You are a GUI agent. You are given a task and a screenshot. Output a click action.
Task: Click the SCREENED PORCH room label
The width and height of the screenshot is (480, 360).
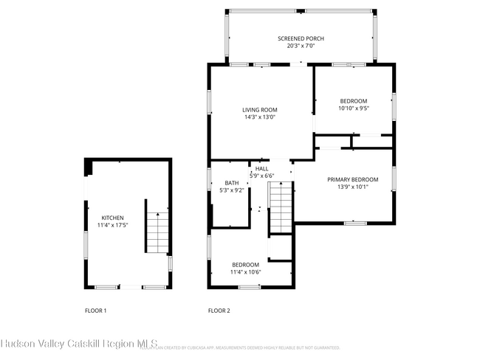coord(301,38)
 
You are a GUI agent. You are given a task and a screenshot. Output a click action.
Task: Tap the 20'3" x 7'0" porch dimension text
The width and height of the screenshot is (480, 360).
coord(301,46)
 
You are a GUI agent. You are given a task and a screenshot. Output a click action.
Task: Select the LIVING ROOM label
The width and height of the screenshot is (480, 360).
coord(260,110)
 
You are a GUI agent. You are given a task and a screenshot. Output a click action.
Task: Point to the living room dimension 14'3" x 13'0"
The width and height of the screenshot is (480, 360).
coord(260,117)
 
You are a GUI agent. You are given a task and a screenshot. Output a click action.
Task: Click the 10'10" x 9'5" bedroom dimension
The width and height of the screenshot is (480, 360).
coord(353,108)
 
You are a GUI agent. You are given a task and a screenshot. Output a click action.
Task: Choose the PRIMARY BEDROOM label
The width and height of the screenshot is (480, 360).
coord(353,179)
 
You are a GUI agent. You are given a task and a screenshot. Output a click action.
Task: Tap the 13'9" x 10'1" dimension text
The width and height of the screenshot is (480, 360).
coord(353,187)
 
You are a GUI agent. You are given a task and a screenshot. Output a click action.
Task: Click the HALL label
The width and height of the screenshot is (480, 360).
coord(262,169)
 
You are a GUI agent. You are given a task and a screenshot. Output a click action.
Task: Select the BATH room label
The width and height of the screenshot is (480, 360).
coord(232,183)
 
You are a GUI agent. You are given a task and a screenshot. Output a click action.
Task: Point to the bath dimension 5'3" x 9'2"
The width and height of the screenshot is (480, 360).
coord(232,190)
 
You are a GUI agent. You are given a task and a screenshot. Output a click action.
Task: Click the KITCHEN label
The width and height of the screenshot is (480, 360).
coord(112,218)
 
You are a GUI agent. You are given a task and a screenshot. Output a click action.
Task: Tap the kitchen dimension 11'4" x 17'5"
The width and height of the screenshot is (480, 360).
coord(112,225)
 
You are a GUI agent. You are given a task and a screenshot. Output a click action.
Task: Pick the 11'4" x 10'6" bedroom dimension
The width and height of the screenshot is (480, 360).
coord(245,271)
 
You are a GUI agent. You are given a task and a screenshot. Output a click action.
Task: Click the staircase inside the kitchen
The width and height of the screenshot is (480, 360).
coord(157,231)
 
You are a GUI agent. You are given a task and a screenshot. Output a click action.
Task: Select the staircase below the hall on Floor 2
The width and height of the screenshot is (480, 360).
coord(281,208)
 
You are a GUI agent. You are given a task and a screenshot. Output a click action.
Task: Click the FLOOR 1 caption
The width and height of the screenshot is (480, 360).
coord(95,311)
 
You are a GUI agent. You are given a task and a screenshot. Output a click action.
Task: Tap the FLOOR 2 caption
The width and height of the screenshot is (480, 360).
coord(219,311)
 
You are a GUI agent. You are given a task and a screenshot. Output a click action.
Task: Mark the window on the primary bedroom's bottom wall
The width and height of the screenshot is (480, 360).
coord(355,222)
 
